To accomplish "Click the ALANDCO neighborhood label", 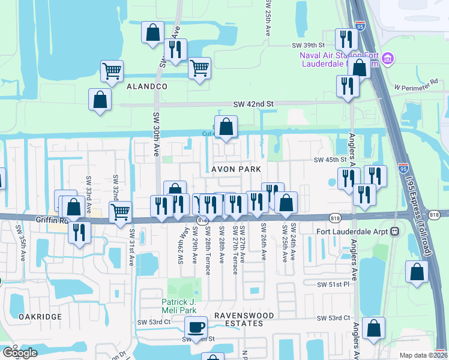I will click(147, 86).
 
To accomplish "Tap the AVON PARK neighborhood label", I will click(236, 170).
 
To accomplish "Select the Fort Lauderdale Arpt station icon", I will click(395, 231).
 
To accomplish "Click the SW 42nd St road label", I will click(253, 104).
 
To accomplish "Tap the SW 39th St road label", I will click(308, 45).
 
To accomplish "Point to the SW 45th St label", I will click(331, 160).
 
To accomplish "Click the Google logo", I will click(20, 353).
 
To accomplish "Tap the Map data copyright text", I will click(423, 355).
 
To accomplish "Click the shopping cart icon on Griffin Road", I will click(121, 212).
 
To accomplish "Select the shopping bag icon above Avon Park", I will click(226, 127).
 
